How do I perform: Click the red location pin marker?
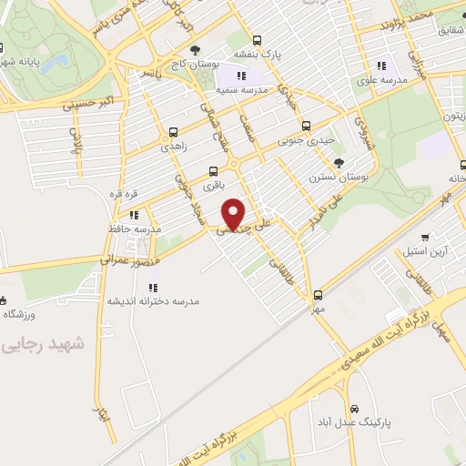point(235,215)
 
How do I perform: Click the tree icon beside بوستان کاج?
point(194,51)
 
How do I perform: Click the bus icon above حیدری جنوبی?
point(306,127)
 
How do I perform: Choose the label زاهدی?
point(173,146)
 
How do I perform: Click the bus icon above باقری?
point(213,171)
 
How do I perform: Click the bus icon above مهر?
point(318,295)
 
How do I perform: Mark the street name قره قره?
point(123,194)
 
